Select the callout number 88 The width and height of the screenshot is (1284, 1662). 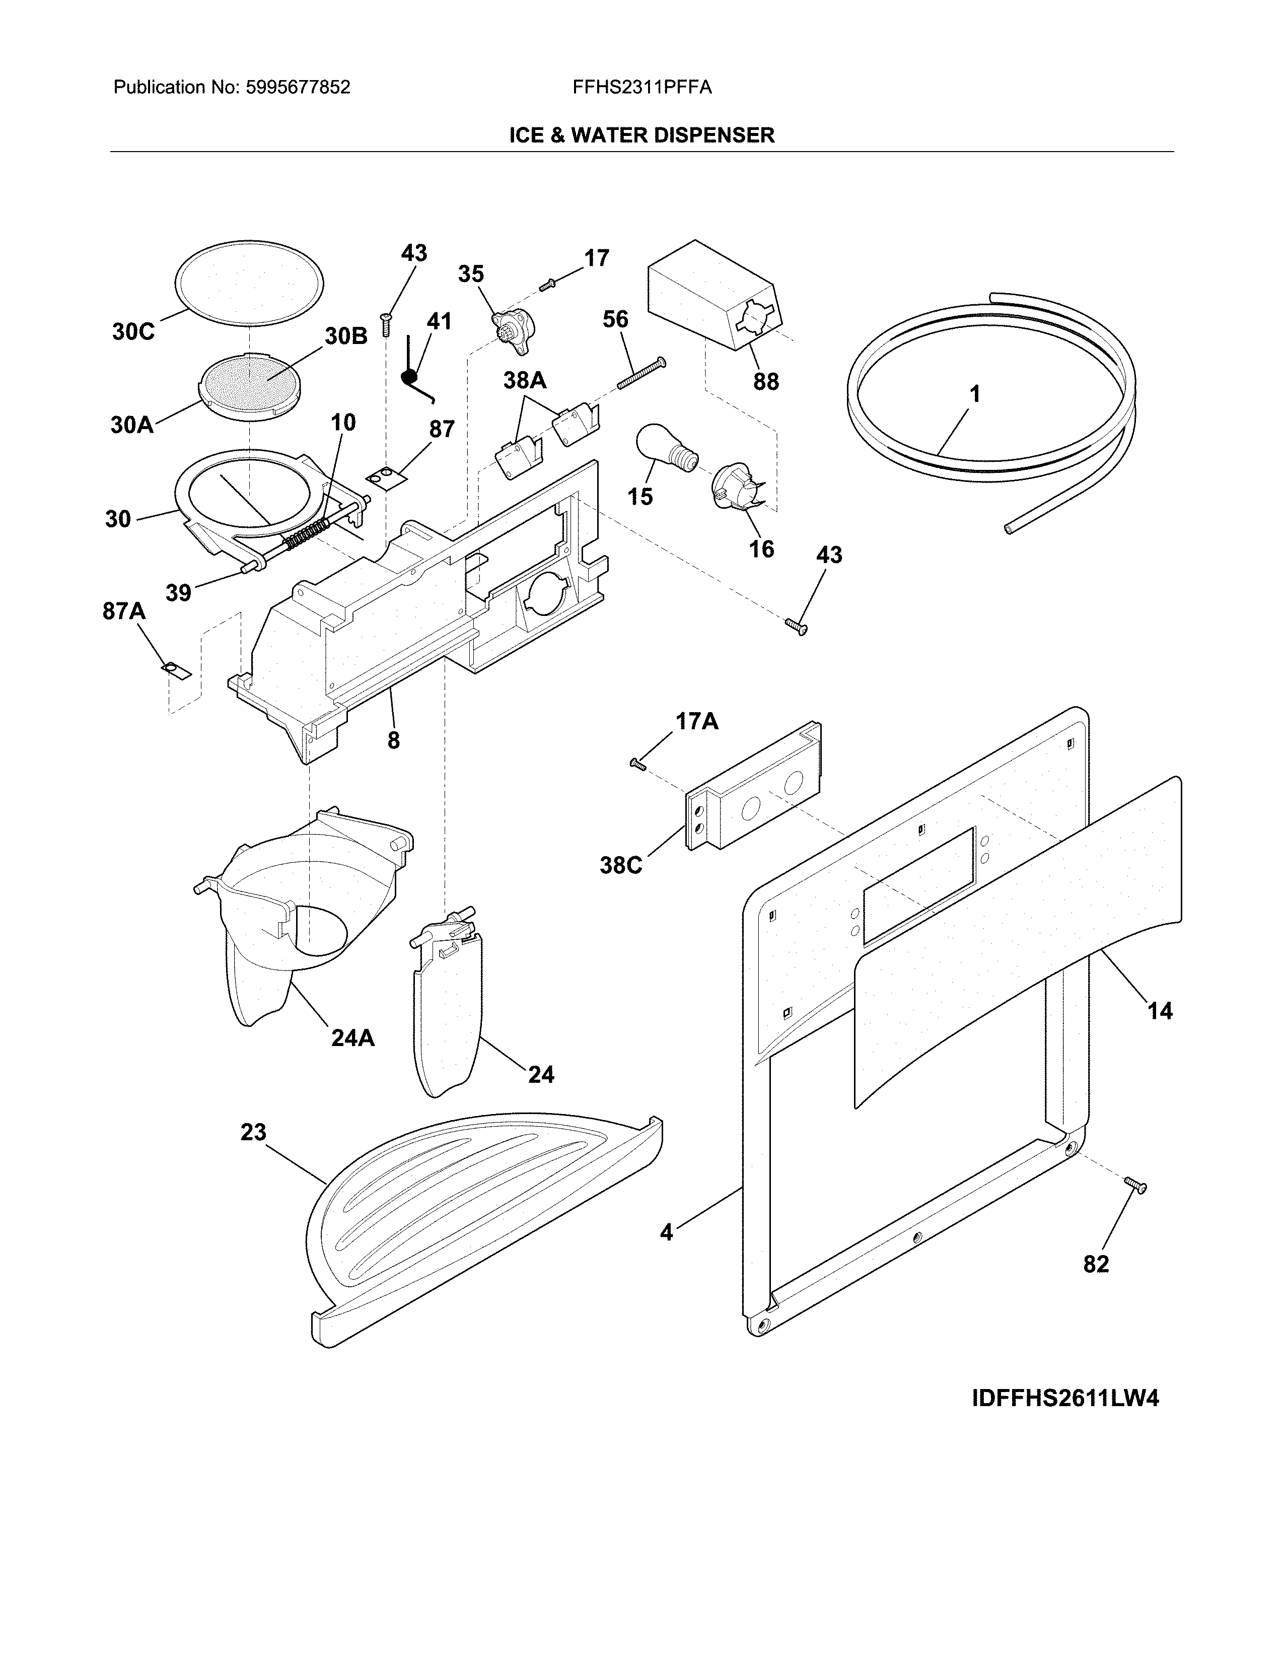tap(765, 381)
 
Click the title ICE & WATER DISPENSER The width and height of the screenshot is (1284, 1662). tap(641, 135)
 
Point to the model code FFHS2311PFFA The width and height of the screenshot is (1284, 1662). tap(642, 88)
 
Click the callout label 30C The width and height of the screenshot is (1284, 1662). tap(133, 332)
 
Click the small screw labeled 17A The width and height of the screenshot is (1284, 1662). tap(637, 764)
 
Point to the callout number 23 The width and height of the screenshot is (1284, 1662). tap(253, 1132)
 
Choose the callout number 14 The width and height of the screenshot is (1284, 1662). tap(1159, 1011)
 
